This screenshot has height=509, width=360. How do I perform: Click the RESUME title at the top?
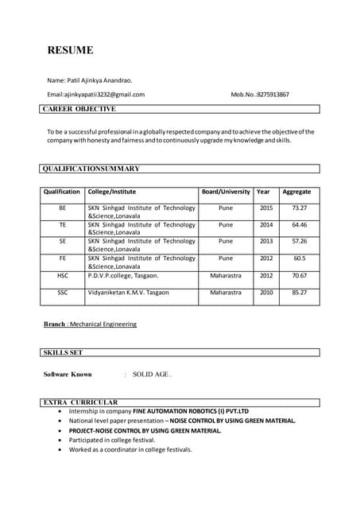(x=70, y=50)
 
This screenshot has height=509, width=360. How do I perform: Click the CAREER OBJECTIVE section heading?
(x=79, y=108)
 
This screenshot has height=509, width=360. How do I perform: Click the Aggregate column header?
(x=296, y=192)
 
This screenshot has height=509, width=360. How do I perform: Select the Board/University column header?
(x=226, y=192)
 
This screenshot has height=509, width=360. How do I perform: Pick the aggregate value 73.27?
(x=299, y=208)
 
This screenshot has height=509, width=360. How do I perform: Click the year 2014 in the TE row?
(x=265, y=225)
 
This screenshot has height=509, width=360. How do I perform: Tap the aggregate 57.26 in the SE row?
(x=299, y=241)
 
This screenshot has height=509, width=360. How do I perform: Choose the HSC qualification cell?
(x=62, y=275)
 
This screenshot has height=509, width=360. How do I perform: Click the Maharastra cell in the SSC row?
(x=226, y=293)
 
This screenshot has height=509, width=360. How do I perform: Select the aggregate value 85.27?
(x=299, y=293)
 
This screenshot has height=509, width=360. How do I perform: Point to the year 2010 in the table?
(x=265, y=293)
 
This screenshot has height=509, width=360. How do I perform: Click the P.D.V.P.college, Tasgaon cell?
(x=122, y=275)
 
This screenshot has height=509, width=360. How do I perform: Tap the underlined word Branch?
(x=54, y=324)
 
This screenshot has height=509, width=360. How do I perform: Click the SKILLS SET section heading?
(x=63, y=352)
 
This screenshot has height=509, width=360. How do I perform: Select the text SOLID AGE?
(x=151, y=374)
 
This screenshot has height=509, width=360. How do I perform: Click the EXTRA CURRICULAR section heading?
(x=80, y=402)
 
